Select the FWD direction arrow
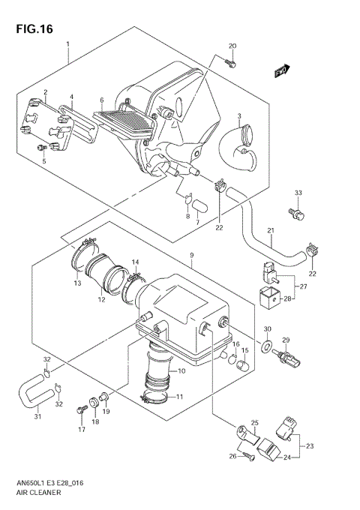coord(281,70)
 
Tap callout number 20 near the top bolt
coord(232,46)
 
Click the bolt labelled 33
coord(298,214)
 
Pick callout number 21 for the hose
coord(271,230)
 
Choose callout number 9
coord(193,255)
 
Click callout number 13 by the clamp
coord(77,283)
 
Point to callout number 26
coord(232,455)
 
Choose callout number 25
coord(254,423)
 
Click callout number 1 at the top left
coord(68,44)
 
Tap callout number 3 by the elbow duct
coord(238,116)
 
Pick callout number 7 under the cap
coord(197,223)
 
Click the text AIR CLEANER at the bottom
coord(37,494)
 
